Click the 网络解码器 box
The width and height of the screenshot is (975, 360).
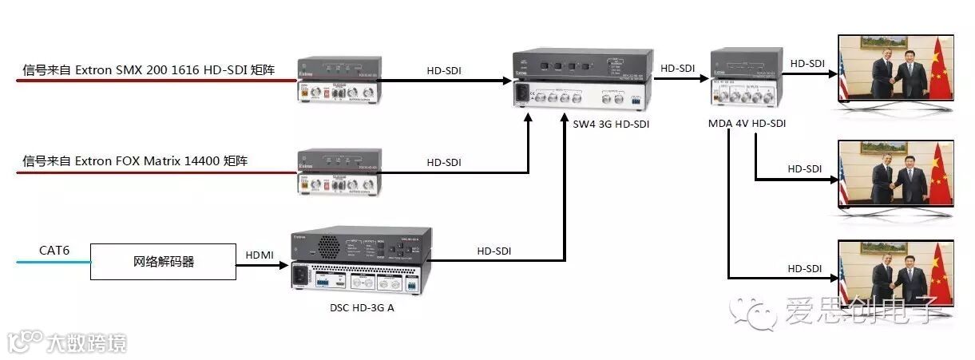[x=163, y=262]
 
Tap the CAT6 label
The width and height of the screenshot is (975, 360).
[x=54, y=251]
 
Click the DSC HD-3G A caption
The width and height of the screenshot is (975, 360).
[x=362, y=307]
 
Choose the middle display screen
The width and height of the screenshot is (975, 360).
[x=894, y=173]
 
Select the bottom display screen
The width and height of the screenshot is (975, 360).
[x=894, y=273]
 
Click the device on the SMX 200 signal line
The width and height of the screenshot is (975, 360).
[x=339, y=80]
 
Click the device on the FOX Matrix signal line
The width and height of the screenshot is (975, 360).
[x=339, y=172]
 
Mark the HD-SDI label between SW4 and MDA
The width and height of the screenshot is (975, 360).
[x=679, y=69]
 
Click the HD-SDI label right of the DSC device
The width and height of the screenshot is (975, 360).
[x=494, y=251]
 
